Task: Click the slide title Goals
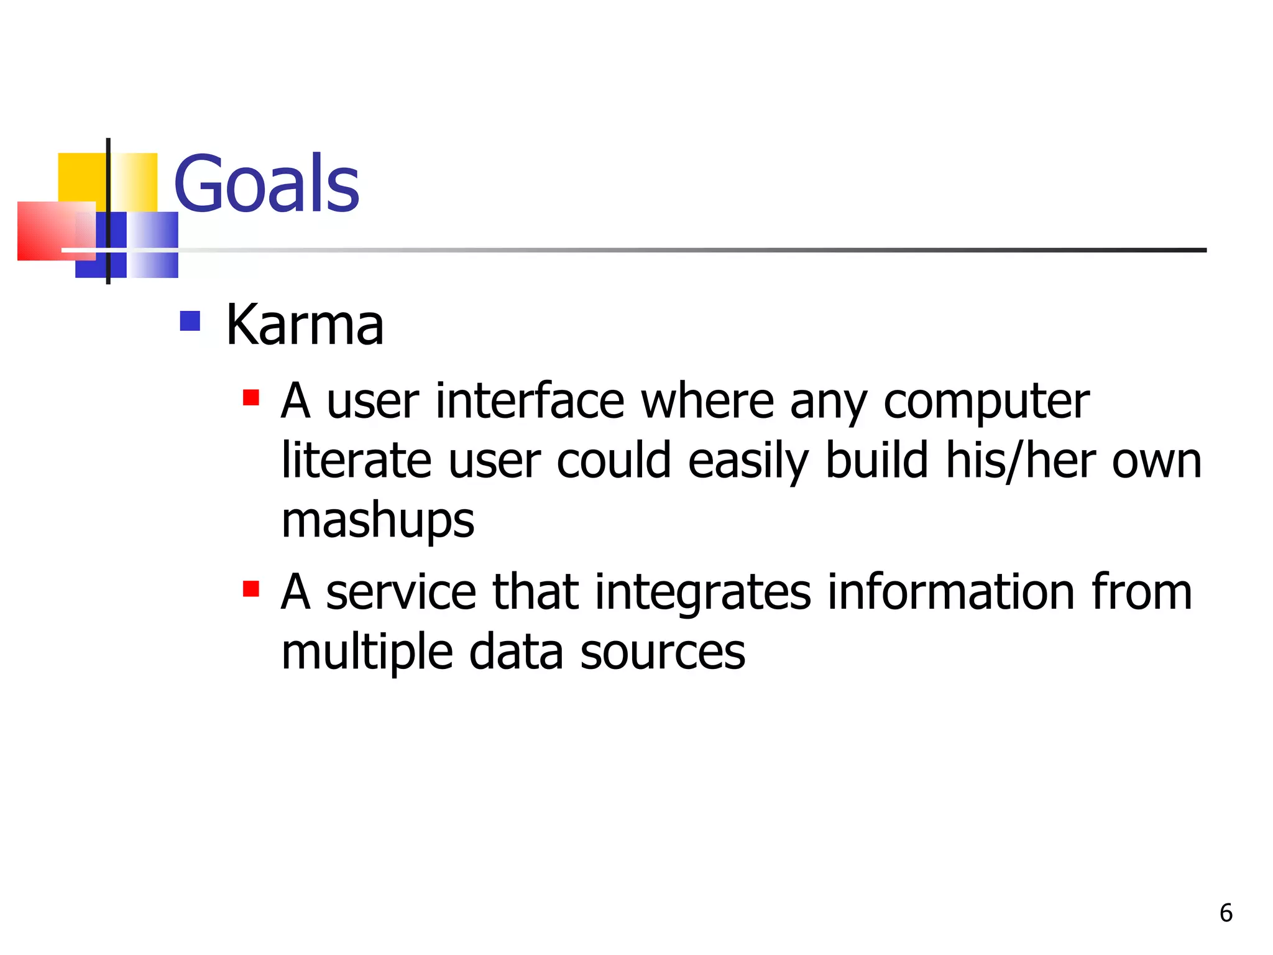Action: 266,184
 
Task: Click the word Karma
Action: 304,325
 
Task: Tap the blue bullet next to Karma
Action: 190,321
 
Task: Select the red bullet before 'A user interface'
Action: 250,397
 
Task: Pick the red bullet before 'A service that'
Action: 250,588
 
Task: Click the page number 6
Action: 1226,913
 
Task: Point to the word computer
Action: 986,401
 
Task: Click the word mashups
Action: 377,521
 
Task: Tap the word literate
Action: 356,461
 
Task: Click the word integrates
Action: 702,593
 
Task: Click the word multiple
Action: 367,652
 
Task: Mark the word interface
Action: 530,401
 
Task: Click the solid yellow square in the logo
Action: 81,177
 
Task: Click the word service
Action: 401,593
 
